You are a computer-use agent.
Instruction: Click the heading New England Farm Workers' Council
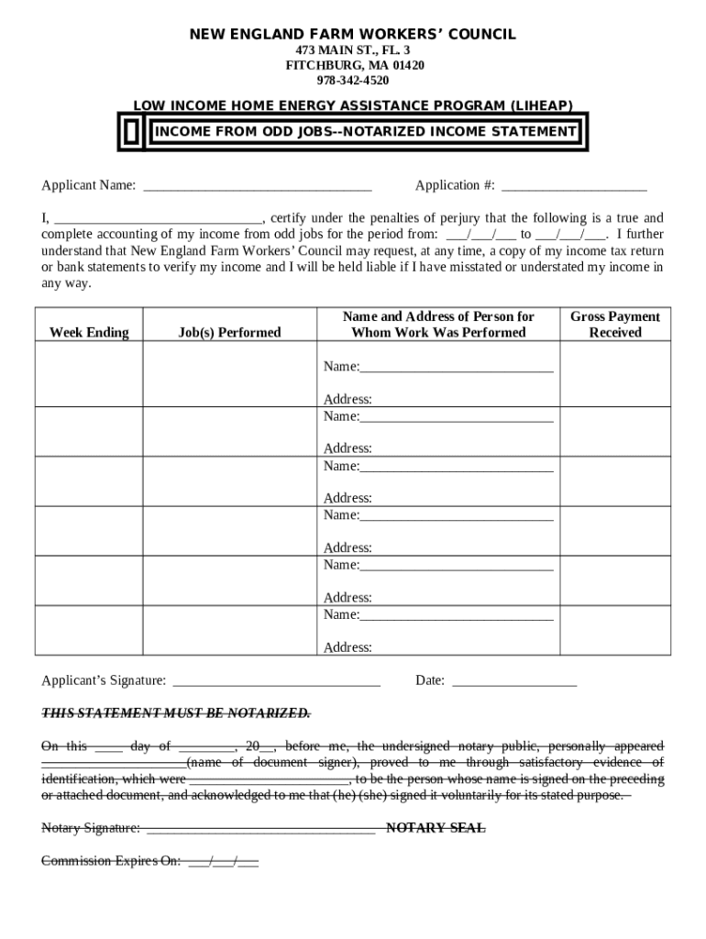pyautogui.click(x=352, y=35)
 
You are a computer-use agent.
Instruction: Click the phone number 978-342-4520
pyautogui.click(x=354, y=81)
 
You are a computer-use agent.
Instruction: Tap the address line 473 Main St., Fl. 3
pyautogui.click(x=353, y=50)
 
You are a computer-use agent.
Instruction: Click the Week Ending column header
pyautogui.click(x=89, y=332)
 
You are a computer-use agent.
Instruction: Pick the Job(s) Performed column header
pyautogui.click(x=229, y=332)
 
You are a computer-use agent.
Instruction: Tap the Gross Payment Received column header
pyautogui.click(x=614, y=325)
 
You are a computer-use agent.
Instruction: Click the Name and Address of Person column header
pyautogui.click(x=438, y=325)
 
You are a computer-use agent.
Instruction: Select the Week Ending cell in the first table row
pyautogui.click(x=89, y=374)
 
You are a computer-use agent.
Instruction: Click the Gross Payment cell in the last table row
pyautogui.click(x=614, y=630)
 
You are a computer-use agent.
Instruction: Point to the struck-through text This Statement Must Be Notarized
pyautogui.click(x=176, y=713)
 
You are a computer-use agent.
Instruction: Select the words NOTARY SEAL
pyautogui.click(x=436, y=828)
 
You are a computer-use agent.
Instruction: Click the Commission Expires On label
pyautogui.click(x=111, y=861)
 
